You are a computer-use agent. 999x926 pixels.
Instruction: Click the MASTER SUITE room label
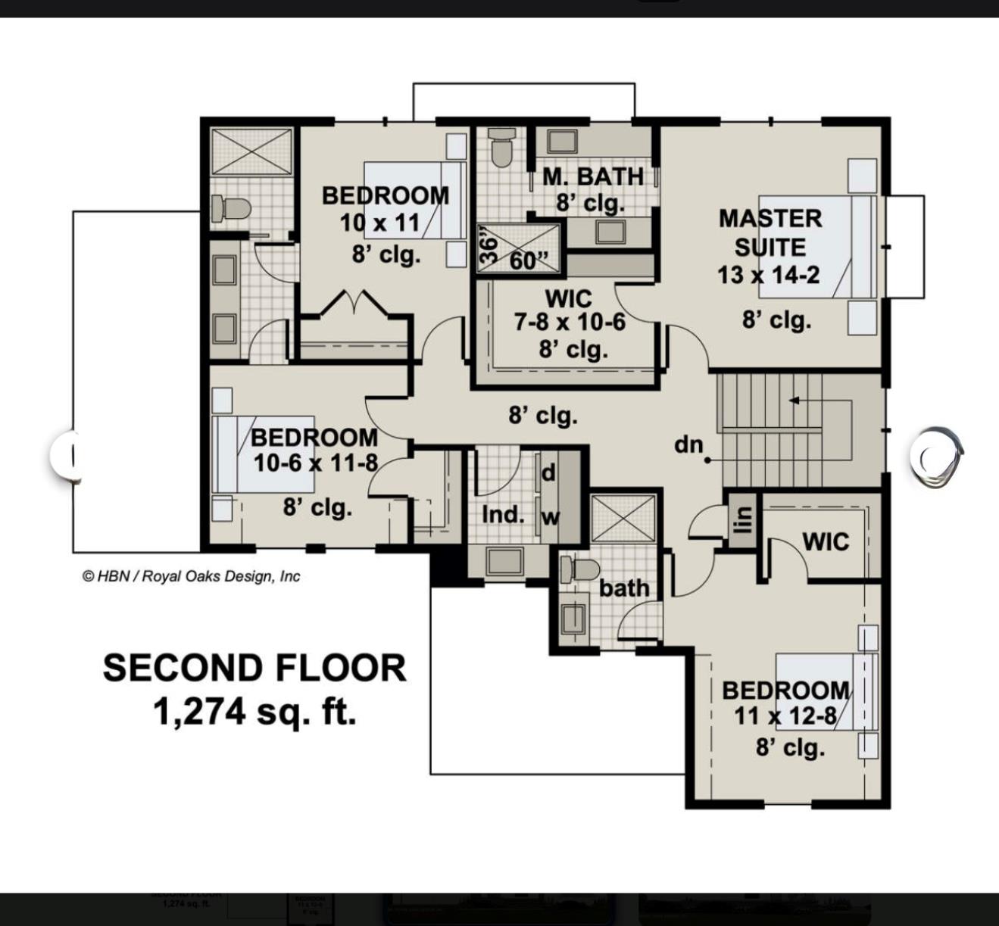770,232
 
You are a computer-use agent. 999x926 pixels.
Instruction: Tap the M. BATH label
592,176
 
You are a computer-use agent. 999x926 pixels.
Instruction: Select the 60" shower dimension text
529,260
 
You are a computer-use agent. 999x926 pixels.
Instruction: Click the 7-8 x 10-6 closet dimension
570,323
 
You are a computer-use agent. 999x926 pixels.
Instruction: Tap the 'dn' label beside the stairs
688,444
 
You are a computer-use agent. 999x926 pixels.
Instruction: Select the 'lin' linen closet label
744,519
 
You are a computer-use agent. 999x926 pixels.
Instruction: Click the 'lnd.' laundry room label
503,515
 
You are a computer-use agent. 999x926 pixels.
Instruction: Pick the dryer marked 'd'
548,473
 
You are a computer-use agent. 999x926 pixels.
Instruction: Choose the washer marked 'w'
550,518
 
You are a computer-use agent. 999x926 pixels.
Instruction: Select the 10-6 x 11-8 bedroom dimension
315,463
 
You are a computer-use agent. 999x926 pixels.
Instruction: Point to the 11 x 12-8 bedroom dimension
785,716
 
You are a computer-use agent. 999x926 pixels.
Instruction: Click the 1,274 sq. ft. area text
254,712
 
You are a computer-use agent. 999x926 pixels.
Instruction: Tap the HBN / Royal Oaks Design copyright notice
191,576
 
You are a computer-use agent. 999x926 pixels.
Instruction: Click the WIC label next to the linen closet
825,541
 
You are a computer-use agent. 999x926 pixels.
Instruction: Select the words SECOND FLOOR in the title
254,668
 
